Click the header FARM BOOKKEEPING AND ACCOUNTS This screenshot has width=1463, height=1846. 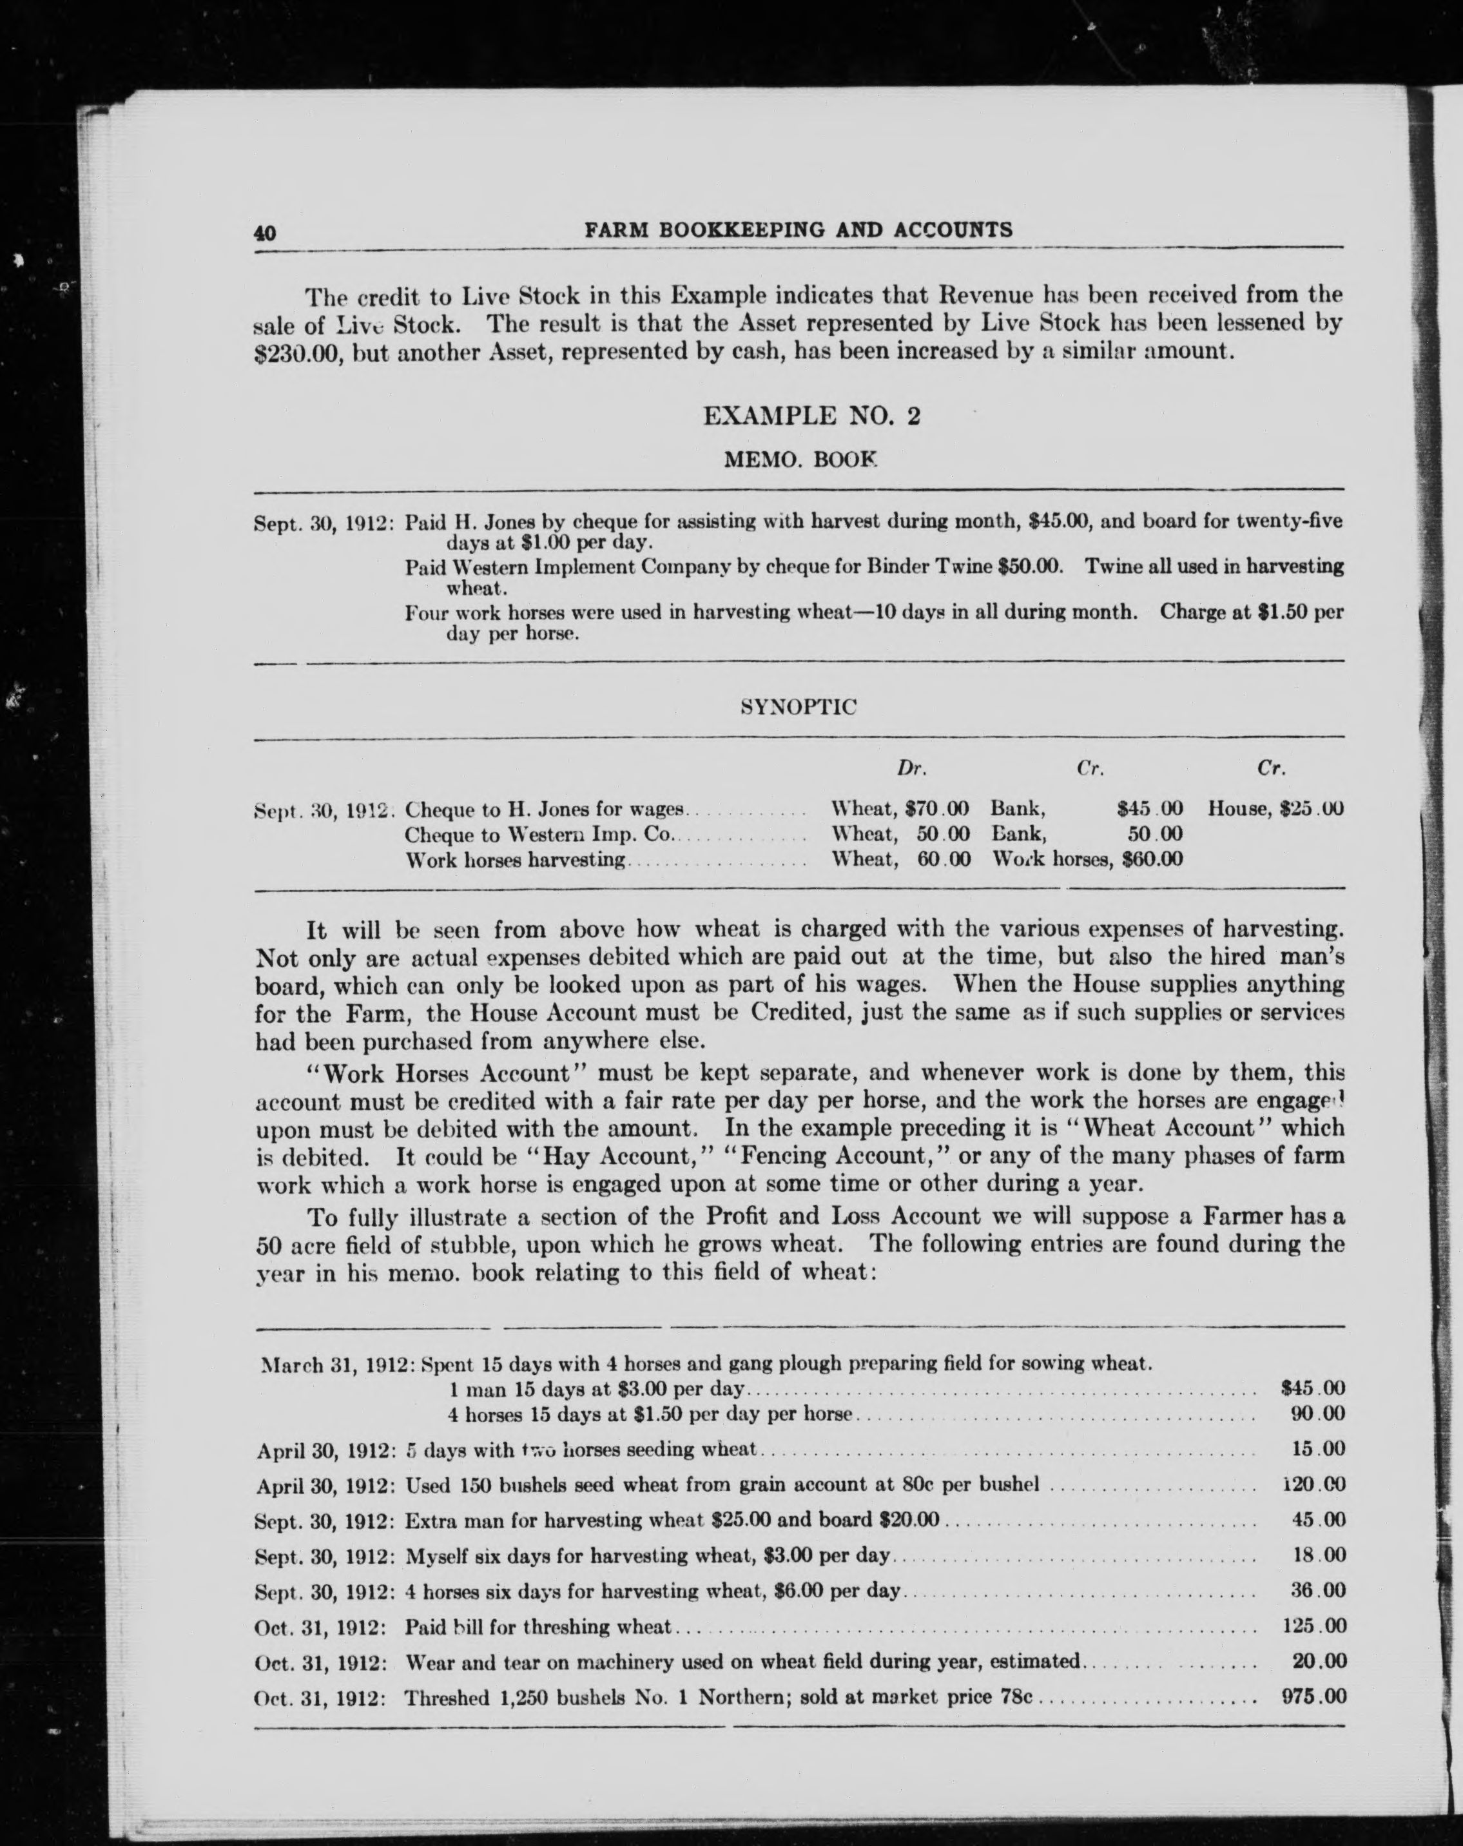[798, 229]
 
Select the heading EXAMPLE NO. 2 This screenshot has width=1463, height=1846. [811, 416]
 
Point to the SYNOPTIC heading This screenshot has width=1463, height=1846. [798, 706]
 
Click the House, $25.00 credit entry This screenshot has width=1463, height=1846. [1275, 808]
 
